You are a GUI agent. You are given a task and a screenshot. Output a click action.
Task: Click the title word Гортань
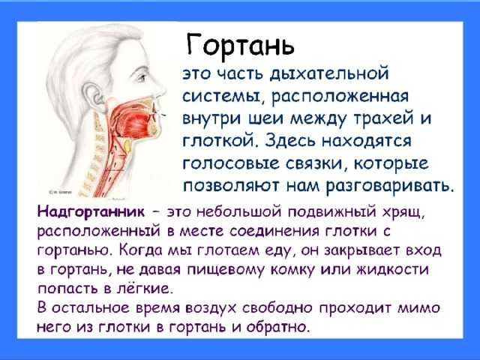tap(240, 45)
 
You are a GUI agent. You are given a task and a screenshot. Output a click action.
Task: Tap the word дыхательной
tap(329, 74)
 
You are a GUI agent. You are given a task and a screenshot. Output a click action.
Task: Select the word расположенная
tap(340, 97)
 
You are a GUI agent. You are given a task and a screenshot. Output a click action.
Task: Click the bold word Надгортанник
tap(91, 211)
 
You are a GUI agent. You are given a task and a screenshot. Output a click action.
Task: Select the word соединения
tap(274, 232)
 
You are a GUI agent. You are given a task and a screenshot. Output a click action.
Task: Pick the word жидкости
tap(393, 270)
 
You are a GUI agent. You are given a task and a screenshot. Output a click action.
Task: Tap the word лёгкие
tap(143, 288)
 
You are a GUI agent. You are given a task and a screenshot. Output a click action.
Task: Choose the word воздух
tap(211, 308)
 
